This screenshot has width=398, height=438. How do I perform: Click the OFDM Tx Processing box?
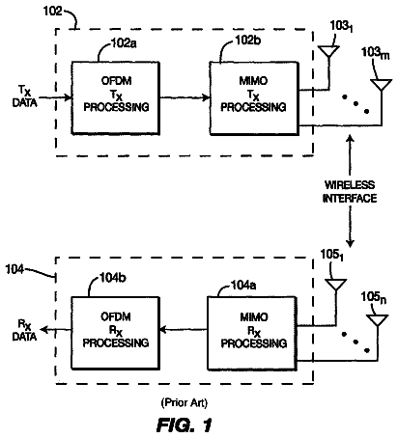click(x=115, y=98)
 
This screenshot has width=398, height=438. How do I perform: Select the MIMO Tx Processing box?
click(x=254, y=98)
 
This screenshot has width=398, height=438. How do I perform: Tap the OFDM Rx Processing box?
click(x=115, y=333)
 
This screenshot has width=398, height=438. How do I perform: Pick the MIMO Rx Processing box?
click(x=252, y=333)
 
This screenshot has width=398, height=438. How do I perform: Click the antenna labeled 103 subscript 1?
click(x=328, y=52)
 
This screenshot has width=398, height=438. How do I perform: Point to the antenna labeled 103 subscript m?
click(x=382, y=85)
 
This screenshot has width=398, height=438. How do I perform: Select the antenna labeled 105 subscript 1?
click(x=335, y=286)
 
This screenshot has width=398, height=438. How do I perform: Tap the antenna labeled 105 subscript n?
click(x=378, y=321)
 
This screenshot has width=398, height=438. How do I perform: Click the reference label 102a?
click(x=124, y=43)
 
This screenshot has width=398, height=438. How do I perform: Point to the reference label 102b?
click(x=248, y=41)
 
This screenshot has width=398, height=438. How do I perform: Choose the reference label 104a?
click(x=243, y=285)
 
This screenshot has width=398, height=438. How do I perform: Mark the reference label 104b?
click(x=113, y=277)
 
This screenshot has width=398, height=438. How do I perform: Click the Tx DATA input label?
click(x=24, y=96)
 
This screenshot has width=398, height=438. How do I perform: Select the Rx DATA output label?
click(x=24, y=330)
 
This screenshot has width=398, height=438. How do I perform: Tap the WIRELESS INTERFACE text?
click(x=350, y=192)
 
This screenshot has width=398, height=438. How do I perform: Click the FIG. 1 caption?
click(x=185, y=425)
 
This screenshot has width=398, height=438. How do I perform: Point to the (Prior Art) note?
click(x=185, y=402)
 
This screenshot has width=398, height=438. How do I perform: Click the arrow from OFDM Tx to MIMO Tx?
click(x=185, y=97)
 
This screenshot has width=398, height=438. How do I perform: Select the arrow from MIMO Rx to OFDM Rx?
click(x=184, y=330)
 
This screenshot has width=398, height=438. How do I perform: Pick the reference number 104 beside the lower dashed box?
click(x=14, y=269)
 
